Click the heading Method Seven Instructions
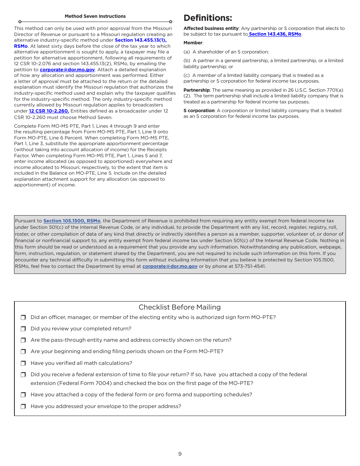95,16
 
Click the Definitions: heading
208,18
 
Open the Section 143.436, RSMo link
275,34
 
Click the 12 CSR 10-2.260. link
49,111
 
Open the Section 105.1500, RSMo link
72,221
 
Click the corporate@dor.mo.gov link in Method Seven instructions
67,70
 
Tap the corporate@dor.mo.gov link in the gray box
170,266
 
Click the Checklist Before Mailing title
180,307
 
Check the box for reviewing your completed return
23,329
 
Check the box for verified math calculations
23,363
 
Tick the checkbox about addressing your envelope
23,407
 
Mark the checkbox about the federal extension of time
23,375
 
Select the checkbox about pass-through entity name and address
23,340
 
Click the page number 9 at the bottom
180,454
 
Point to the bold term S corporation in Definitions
199,111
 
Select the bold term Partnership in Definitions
196,90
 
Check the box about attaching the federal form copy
23,395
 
